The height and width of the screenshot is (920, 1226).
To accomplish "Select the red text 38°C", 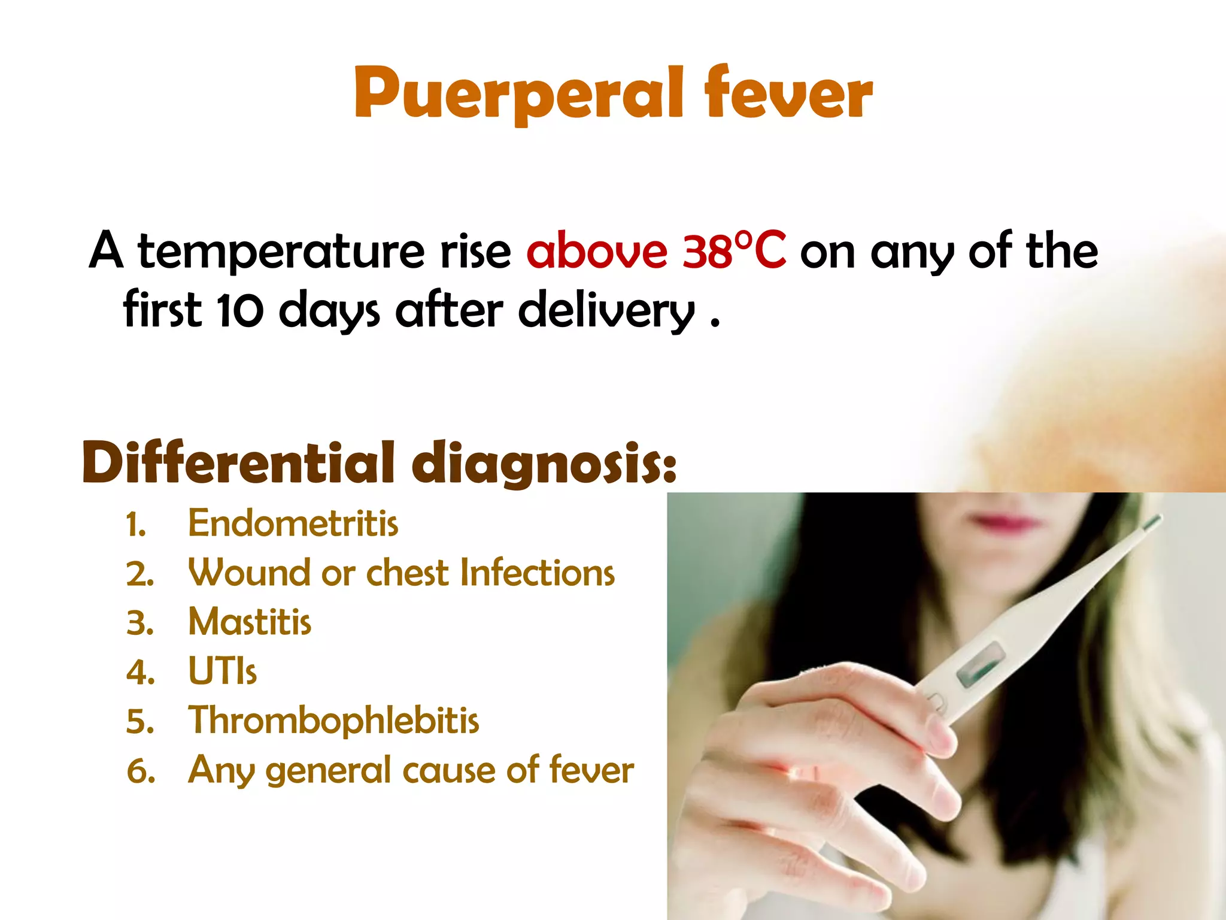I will click(734, 250).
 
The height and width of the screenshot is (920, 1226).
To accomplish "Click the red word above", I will click(596, 250).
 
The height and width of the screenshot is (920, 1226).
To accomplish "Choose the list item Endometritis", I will click(293, 523).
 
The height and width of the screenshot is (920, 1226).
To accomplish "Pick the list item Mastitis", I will click(250, 622).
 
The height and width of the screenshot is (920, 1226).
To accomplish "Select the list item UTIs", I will click(222, 671).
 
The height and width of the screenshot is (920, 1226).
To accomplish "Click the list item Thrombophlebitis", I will click(333, 720).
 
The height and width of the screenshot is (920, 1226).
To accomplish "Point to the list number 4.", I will click(140, 672).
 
